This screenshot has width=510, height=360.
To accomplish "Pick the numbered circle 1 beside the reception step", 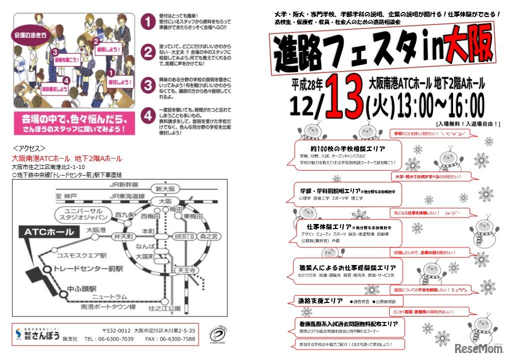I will pos(147,22).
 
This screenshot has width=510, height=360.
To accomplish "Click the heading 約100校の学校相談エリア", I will pos(348,149).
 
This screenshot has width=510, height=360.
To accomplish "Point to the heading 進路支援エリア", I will pos(320,301).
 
